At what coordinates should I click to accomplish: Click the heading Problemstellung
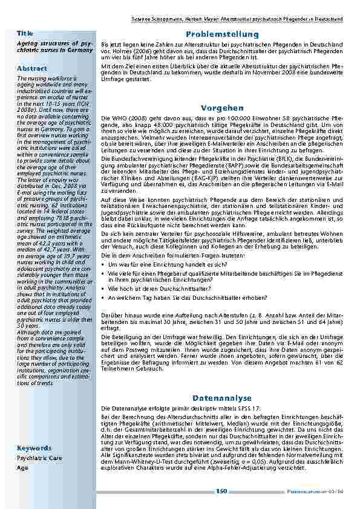click(221, 34)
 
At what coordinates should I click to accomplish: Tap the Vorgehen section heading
click(221, 108)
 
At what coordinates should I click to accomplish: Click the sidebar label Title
click(25, 33)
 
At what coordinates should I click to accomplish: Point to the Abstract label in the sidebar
click(32, 68)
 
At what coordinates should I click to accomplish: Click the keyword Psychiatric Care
click(39, 458)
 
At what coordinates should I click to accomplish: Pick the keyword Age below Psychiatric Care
click(22, 467)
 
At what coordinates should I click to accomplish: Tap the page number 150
click(221, 491)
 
